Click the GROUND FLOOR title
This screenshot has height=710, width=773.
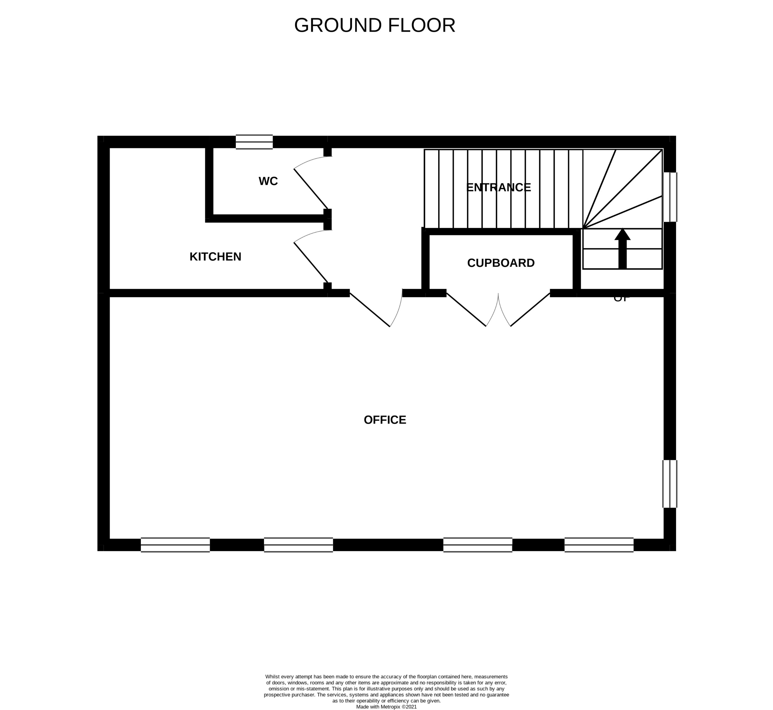(374, 25)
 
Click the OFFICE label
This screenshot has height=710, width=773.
(385, 420)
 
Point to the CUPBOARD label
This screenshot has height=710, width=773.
(500, 263)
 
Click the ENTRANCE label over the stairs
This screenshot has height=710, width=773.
(498, 187)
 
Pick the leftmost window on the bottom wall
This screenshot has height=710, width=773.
(175, 545)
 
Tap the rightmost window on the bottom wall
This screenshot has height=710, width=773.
(599, 545)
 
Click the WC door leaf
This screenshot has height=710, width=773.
(311, 189)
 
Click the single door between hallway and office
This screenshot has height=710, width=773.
(370, 310)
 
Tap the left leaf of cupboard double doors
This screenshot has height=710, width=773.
(466, 310)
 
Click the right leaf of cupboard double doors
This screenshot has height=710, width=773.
(530, 310)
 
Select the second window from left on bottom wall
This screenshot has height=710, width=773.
(298, 545)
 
